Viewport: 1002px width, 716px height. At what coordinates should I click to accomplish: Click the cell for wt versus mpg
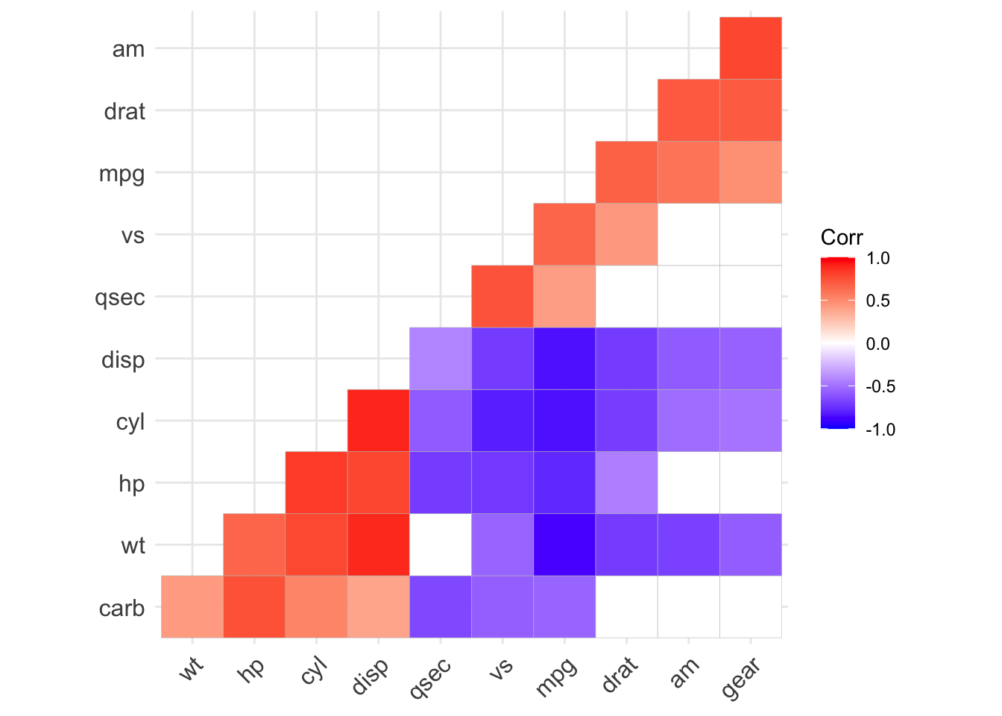pyautogui.click(x=564, y=544)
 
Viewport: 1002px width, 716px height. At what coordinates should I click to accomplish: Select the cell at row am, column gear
pyautogui.click(x=750, y=48)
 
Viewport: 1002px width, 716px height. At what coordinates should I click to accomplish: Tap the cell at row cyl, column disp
pyautogui.click(x=378, y=421)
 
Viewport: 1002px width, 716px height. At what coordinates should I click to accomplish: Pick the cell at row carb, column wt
pyautogui.click(x=192, y=607)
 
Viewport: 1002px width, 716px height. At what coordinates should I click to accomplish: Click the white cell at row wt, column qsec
pyautogui.click(x=440, y=544)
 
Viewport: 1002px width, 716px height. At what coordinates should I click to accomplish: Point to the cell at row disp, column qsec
pyautogui.click(x=440, y=359)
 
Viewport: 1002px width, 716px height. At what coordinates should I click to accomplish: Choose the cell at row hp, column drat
pyautogui.click(x=626, y=483)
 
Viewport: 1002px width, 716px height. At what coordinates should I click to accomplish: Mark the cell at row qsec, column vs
pyautogui.click(x=502, y=297)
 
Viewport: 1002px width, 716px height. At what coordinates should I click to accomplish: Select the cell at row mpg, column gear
pyautogui.click(x=750, y=172)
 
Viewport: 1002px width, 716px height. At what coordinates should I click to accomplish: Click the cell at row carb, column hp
pyautogui.click(x=254, y=607)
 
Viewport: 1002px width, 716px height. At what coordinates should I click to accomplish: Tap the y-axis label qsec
pyautogui.click(x=120, y=298)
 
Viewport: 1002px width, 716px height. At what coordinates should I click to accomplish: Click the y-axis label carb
pyautogui.click(x=122, y=609)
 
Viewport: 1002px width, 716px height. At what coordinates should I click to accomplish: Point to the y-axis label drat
pyautogui.click(x=125, y=111)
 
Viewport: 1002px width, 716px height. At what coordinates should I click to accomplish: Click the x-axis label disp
pyautogui.click(x=370, y=677)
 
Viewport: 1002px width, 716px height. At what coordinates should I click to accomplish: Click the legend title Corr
pyautogui.click(x=842, y=237)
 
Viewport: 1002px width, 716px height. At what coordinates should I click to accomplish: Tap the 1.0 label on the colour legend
pyautogui.click(x=878, y=258)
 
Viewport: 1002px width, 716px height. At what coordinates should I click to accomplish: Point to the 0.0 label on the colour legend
pyautogui.click(x=878, y=344)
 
